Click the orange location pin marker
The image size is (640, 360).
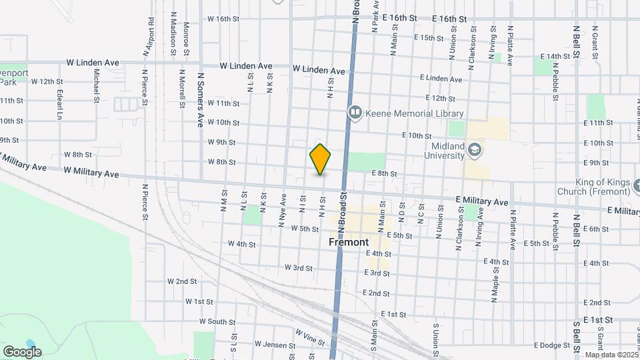tap(320, 159)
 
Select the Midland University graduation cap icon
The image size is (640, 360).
tap(474, 149)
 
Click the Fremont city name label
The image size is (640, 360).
tap(348, 242)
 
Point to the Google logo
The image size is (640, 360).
tap(22, 351)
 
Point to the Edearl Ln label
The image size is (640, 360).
tap(60, 104)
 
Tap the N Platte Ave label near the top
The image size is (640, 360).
tap(510, 45)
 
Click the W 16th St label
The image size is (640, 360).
tap(223, 19)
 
